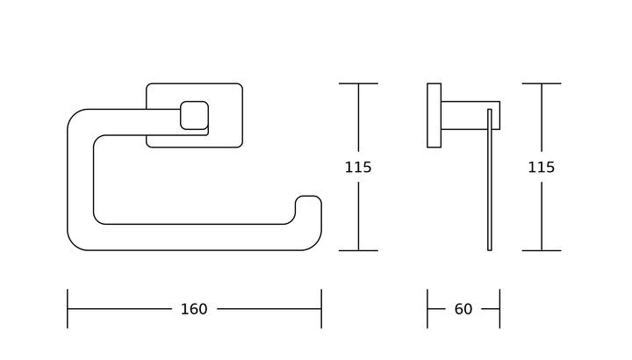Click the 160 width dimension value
194,309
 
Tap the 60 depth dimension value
463,309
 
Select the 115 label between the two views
358,168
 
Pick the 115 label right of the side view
542,168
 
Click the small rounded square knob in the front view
194,115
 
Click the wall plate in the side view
434,115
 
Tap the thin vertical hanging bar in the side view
490,180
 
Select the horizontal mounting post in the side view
470,115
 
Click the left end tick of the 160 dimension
68,309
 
